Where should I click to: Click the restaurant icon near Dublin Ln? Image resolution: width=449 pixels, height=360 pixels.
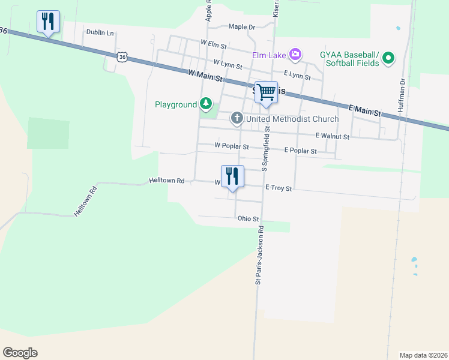(47, 22)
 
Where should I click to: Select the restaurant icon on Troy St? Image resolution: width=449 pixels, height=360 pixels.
(232, 176)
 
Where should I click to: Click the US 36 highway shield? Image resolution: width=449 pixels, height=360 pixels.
(122, 56)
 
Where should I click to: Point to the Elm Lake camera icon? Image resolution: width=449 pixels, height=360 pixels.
(295, 55)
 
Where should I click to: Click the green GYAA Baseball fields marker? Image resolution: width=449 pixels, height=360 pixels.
(388, 58)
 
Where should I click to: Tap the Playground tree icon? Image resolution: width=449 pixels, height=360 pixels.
(206, 104)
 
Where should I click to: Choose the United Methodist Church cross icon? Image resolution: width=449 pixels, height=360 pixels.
(237, 119)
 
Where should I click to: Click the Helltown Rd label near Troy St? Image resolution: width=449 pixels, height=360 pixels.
(166, 180)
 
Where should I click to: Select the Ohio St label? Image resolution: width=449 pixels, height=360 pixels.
(248, 220)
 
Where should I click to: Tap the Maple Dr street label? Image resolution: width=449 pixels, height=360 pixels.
(242, 27)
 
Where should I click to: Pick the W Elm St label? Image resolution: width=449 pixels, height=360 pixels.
(214, 45)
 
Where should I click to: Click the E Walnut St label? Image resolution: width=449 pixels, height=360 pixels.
(332, 137)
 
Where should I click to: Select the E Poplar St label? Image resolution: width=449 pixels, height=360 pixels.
(300, 151)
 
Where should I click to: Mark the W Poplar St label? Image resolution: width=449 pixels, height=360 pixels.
(231, 146)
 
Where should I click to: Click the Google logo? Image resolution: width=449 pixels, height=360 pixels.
(20, 353)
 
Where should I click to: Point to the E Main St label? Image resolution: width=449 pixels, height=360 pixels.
(365, 110)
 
